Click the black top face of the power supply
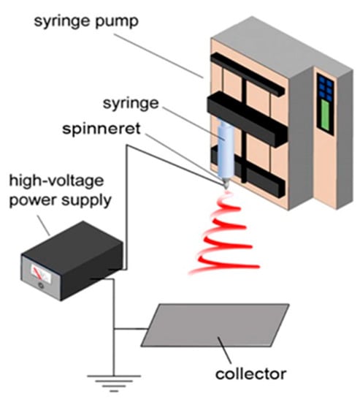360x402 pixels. [69, 242]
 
